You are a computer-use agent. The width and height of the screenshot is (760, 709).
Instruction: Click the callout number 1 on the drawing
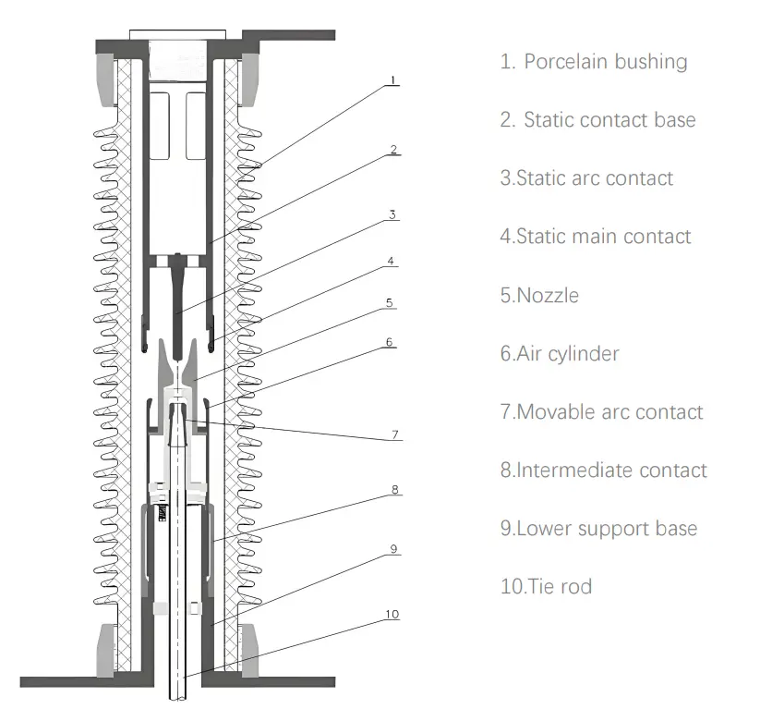coord(393,80)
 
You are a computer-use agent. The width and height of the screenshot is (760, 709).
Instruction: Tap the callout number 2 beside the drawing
coord(393,149)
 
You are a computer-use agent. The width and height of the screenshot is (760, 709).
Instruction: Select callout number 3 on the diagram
coord(392,214)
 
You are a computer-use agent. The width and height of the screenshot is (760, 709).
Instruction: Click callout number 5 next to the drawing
coord(390,301)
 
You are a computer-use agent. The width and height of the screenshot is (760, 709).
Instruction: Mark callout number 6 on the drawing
coord(390,341)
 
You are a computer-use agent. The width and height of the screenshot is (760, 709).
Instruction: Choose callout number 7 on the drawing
coord(394,433)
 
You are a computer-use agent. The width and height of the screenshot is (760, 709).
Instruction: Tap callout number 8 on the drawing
coord(394,490)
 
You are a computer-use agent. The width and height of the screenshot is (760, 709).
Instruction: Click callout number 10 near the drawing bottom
coord(392,615)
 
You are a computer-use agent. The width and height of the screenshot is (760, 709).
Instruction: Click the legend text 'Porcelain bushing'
coord(605,62)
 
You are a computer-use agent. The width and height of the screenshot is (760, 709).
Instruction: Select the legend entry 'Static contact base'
coord(609,120)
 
